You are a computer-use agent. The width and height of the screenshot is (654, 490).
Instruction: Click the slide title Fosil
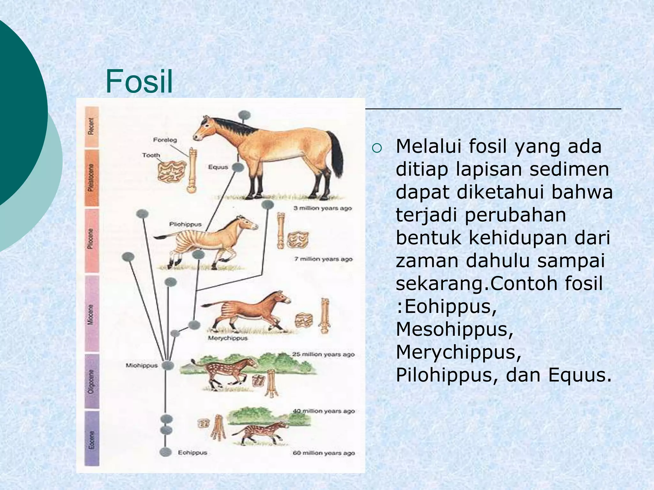click(139, 82)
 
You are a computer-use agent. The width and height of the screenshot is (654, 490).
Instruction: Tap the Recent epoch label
click(91, 126)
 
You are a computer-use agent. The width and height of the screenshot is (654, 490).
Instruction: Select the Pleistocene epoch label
click(91, 178)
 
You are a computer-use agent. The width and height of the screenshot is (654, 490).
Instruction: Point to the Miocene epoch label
click(91, 315)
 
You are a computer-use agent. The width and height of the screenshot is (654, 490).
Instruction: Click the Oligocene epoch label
click(91, 381)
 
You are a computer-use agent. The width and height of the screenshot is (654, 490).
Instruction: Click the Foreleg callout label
click(165, 140)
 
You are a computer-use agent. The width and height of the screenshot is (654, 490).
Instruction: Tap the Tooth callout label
click(151, 155)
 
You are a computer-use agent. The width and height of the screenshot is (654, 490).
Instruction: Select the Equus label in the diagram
click(218, 167)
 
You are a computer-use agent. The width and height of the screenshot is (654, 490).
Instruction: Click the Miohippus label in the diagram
click(141, 366)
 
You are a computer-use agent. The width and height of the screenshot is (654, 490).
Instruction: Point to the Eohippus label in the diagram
click(193, 452)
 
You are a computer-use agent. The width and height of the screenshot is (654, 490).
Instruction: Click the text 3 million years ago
click(323, 208)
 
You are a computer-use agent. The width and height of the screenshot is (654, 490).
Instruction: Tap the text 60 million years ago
click(324, 453)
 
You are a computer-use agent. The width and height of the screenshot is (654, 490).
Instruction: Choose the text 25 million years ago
click(323, 354)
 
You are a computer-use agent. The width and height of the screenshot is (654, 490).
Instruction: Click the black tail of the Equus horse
click(335, 155)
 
